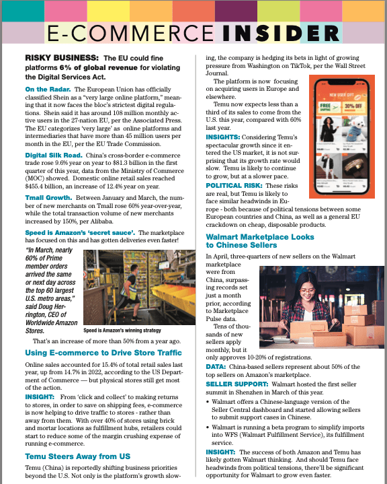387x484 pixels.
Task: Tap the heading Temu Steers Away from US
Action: click(x=83, y=456)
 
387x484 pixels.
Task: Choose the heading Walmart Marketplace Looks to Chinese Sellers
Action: click(x=259, y=242)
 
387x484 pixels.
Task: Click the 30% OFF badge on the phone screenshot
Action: click(x=351, y=106)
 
